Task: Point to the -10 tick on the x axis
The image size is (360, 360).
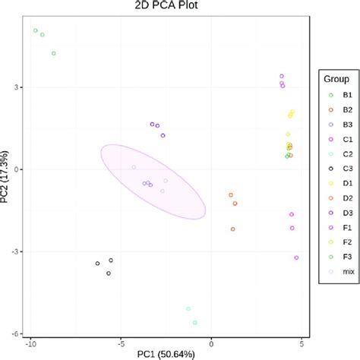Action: [x=30, y=343]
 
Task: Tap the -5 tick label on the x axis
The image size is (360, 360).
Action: [x=121, y=343]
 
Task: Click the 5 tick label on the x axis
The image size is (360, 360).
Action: [x=301, y=343]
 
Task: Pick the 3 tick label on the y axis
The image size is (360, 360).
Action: [x=17, y=87]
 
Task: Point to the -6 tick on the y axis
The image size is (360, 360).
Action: [x=16, y=333]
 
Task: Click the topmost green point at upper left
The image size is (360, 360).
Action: [x=35, y=30]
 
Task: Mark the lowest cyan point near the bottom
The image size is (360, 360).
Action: [x=195, y=323]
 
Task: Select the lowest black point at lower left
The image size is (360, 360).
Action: [x=109, y=273]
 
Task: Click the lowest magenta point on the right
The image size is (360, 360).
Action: [x=296, y=258]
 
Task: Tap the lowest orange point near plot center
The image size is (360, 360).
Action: [x=232, y=229]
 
